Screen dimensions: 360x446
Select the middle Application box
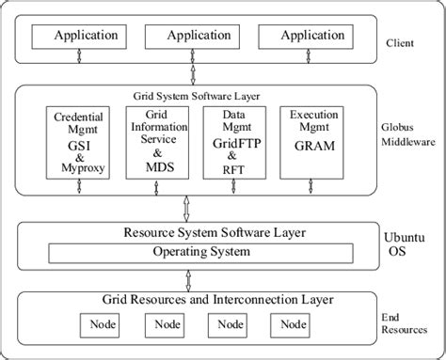point(185,37)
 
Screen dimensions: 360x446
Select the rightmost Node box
point(291,324)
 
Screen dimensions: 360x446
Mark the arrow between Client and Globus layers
point(192,72)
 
